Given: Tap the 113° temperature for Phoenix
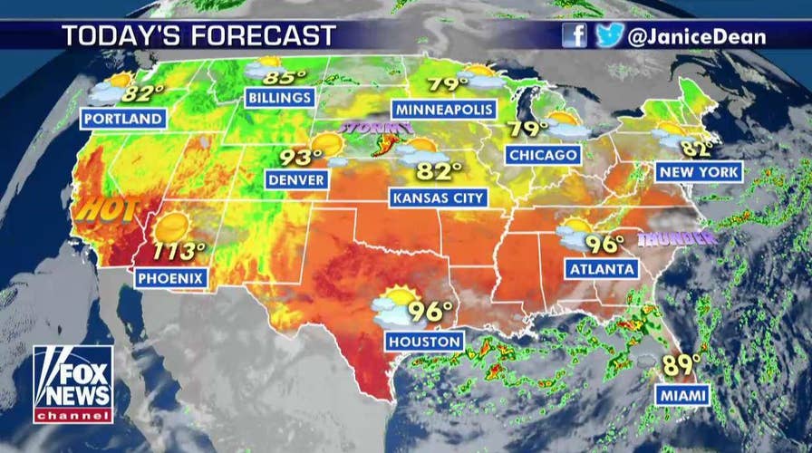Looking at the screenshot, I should pos(180,251).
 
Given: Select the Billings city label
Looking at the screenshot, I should pos(280,97).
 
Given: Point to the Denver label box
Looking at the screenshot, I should pos(296,179).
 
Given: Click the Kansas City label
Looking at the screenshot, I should pos(437,197).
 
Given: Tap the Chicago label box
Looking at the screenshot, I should pos(543,155).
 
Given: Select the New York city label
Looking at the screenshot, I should pos(701,172).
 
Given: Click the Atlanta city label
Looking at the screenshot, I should pos(602,269).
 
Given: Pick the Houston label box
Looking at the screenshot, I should pos(425,341).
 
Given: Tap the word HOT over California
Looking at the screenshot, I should pos(106,209).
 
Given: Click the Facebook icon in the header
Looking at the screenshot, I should pos(575,35).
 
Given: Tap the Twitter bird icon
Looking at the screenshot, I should pos(609,35).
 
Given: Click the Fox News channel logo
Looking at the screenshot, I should pos(73,384).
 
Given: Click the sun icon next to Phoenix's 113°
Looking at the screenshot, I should pos(171,227).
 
